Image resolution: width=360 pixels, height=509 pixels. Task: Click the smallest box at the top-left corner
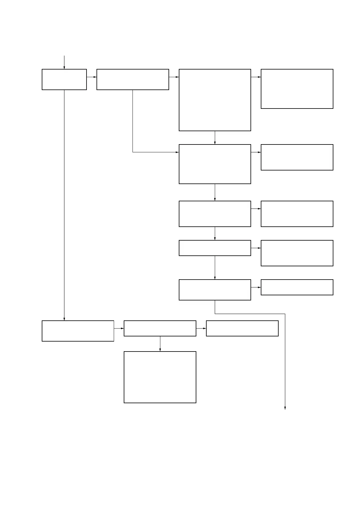[x=64, y=79]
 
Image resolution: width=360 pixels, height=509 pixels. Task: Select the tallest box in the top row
[x=215, y=100]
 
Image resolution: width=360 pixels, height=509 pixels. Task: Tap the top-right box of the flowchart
[x=297, y=89]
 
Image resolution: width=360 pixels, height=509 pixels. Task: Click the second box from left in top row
[x=133, y=79]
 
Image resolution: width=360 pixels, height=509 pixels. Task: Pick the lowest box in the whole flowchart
[x=160, y=377]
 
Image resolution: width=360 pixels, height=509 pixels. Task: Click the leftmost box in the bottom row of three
[x=78, y=331]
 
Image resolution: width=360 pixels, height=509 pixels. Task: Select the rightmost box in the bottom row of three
[x=242, y=328]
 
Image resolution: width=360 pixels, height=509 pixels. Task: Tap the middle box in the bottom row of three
[x=160, y=328]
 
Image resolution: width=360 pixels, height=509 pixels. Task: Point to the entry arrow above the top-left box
[x=64, y=62]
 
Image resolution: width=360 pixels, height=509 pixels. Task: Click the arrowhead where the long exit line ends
[x=285, y=408]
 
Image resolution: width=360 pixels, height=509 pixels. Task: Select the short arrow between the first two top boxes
[x=91, y=77]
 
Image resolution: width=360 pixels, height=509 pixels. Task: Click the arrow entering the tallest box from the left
[x=174, y=77]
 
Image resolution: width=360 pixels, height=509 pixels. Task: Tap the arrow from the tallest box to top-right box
[x=256, y=77]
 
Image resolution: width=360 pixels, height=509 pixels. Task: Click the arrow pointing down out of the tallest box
[x=215, y=138]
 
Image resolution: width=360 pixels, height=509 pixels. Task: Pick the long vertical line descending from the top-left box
[x=64, y=206]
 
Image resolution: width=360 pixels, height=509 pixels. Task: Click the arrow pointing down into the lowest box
[x=160, y=344]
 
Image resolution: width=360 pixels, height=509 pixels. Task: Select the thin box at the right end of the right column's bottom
[x=297, y=287]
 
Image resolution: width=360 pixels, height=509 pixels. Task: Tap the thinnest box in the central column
[x=215, y=248]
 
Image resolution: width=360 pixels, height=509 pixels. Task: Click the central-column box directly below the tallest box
[x=215, y=164]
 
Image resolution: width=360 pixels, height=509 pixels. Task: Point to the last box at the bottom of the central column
[x=215, y=290]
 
